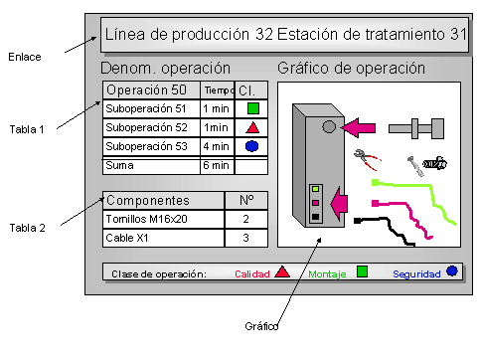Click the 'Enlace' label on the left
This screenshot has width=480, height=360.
point(25,57)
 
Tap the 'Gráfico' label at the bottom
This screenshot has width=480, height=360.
point(260,326)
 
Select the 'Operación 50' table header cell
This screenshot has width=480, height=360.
point(146,90)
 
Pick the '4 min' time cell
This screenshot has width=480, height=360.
point(216,147)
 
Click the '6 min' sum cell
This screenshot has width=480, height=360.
point(216,165)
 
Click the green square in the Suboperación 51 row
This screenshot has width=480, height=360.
point(252,107)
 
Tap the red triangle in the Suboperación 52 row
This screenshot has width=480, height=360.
point(252,127)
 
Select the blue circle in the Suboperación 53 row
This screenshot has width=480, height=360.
point(252,146)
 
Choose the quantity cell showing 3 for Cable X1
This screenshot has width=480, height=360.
point(246,239)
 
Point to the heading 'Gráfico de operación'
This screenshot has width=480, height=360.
point(352,69)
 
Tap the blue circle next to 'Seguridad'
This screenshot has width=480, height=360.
point(452,271)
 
